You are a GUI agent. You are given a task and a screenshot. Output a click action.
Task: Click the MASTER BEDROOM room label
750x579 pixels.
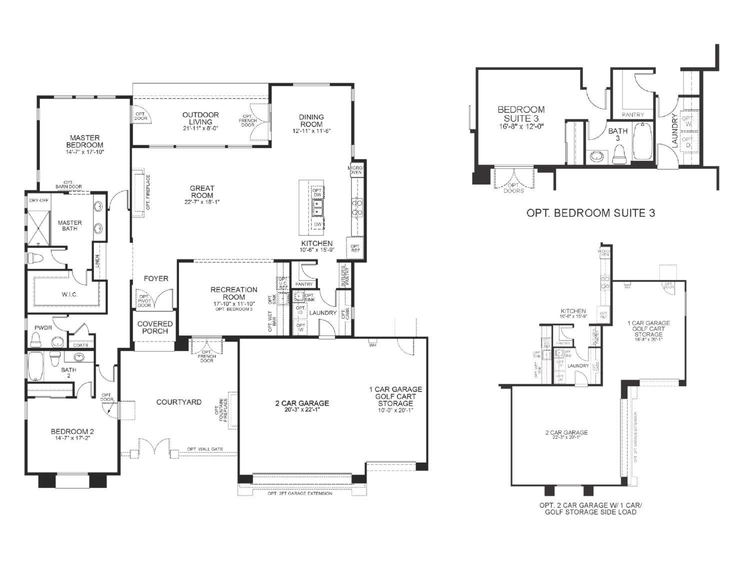pos(84,141)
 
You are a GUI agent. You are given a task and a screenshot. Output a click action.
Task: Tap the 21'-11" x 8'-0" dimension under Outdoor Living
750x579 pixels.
pos(200,128)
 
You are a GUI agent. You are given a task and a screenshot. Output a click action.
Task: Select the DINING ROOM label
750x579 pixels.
pos(311,120)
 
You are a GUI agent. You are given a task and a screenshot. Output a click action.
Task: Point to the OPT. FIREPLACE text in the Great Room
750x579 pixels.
pos(148,192)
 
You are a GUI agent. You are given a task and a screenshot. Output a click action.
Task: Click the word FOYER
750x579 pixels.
pos(156,278)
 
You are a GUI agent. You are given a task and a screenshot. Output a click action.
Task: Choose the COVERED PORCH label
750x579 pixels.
pos(155,327)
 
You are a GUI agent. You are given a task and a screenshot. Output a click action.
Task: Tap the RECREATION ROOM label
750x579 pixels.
pos(233,293)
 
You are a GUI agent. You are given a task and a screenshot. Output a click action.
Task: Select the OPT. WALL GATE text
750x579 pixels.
pos(205,449)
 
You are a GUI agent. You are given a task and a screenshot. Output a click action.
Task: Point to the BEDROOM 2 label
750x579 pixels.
pos(72,432)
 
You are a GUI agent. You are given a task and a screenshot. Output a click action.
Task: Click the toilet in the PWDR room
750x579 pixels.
pos(35,340)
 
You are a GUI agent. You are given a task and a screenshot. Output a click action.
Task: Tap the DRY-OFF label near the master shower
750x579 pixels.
pos(39,201)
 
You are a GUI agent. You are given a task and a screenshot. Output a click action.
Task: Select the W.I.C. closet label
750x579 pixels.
pos(69,294)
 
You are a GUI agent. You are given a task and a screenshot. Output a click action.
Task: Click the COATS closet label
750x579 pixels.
pos(80,345)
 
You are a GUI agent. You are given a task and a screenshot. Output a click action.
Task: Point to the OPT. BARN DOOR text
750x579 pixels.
pos(68,184)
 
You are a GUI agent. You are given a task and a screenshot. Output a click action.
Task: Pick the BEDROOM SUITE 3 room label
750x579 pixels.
pos(520,114)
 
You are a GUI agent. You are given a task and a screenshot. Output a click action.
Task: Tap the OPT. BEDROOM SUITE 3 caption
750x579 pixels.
pos(590,213)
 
